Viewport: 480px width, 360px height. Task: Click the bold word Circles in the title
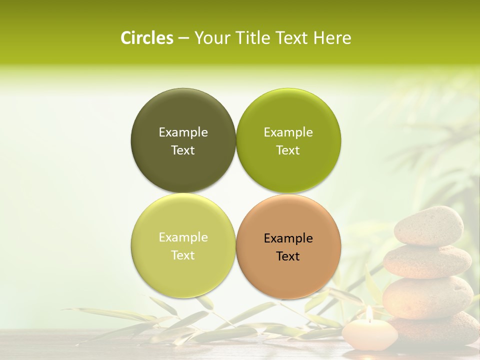(x=146, y=38)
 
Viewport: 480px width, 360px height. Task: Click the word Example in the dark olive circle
(x=183, y=132)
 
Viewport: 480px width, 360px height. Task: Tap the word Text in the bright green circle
(x=288, y=150)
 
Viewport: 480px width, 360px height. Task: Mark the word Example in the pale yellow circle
(x=183, y=237)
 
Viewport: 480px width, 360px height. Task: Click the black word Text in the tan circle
(x=288, y=256)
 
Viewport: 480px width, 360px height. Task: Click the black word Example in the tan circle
(x=288, y=238)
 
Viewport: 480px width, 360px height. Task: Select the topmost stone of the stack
(x=428, y=226)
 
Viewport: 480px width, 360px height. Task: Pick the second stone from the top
(x=427, y=261)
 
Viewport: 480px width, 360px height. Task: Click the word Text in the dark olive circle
(x=183, y=150)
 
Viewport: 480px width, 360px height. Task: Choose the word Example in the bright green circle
(x=288, y=132)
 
